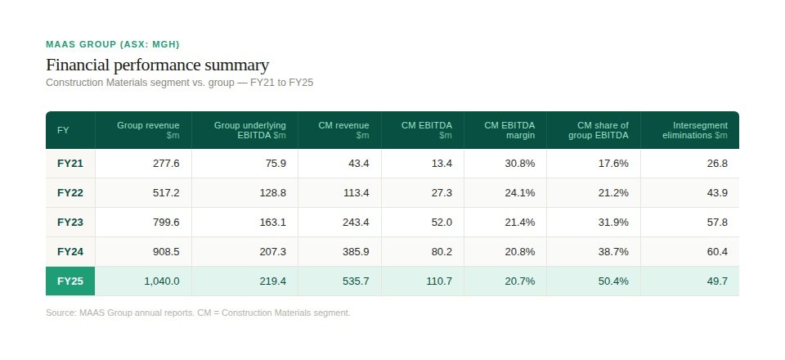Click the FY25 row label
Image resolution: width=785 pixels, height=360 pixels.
70,281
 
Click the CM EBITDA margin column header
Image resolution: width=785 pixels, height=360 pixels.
509,129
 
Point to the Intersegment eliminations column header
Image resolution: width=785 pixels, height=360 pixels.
694,129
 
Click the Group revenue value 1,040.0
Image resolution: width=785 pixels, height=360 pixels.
162,281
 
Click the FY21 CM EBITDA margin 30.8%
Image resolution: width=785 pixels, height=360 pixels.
519,163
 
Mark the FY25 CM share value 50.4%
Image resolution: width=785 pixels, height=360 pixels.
613,281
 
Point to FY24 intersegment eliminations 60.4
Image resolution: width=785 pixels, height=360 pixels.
717,251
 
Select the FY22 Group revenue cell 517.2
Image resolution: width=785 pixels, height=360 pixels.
166,192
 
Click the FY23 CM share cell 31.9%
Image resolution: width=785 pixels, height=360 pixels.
613,222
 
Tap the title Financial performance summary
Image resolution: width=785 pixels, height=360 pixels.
157,65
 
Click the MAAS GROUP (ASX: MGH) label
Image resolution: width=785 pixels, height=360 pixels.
113,44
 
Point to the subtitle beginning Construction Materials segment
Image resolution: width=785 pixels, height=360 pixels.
180,83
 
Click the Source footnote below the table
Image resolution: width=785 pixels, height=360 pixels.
198,313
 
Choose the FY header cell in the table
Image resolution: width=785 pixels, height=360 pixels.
63,130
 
